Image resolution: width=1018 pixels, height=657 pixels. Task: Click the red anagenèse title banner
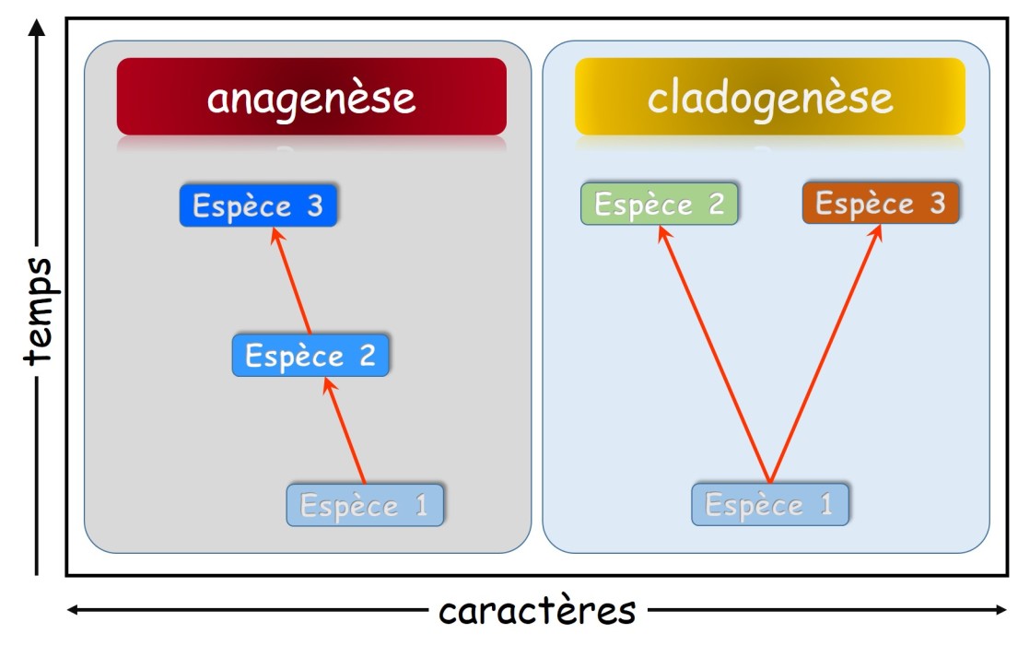[311, 96]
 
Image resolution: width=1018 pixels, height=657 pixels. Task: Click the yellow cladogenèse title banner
[770, 96]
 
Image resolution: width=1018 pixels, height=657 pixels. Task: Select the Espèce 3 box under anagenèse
[258, 205]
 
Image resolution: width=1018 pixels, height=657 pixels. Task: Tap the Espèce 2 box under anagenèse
[311, 355]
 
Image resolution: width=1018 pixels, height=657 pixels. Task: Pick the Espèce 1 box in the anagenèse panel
[365, 505]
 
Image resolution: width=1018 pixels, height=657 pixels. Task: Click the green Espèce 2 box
[660, 204]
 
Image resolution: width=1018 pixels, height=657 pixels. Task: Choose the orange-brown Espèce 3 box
[881, 203]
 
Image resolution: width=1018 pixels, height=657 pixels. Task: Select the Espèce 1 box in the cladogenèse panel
[770, 504]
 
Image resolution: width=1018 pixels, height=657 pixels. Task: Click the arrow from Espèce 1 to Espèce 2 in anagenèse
[345, 430]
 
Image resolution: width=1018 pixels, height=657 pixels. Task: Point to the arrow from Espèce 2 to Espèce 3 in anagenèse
[291, 280]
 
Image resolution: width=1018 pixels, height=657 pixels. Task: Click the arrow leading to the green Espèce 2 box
[715, 355]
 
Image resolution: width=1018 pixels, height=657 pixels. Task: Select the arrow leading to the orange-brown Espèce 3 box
[825, 354]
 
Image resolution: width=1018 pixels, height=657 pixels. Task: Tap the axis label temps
[39, 311]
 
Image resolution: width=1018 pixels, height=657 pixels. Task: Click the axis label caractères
[538, 611]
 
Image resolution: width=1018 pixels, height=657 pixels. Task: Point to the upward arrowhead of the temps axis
[37, 28]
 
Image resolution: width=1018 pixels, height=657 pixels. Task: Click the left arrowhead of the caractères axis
[74, 610]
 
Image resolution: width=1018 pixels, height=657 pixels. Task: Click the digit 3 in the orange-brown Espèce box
[937, 204]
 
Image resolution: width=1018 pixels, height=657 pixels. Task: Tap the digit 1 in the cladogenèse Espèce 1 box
[825, 504]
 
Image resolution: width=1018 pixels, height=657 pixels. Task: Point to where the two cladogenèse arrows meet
[770, 484]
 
